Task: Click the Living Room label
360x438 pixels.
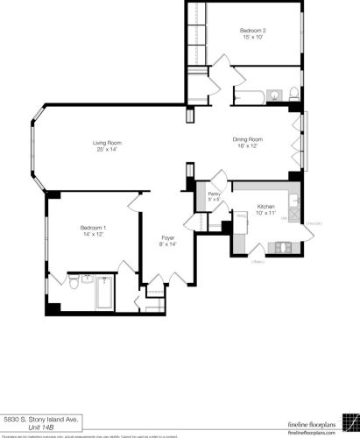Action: click(107, 143)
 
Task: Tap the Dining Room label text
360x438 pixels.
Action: click(248, 139)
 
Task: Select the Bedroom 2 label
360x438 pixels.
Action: click(252, 31)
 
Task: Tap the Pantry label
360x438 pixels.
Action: click(213, 194)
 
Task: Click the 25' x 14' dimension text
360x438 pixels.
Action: click(107, 150)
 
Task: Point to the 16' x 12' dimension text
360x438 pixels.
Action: click(248, 146)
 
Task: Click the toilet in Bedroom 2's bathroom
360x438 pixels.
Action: click(294, 95)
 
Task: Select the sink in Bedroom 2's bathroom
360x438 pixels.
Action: click(272, 95)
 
